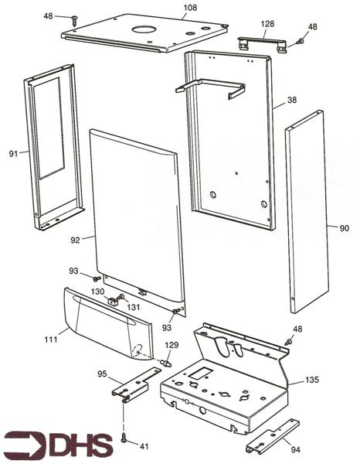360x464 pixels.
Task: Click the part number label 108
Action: [x=190, y=8]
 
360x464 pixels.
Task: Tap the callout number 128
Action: [x=267, y=24]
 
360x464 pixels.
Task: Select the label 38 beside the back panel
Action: [x=292, y=100]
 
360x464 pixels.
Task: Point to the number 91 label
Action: [x=13, y=154]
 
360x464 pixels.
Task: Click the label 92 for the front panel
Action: [x=76, y=240]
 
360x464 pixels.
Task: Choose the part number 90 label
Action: [x=344, y=228]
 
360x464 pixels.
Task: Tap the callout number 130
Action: [x=97, y=292]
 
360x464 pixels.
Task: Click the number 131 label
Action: [x=134, y=307]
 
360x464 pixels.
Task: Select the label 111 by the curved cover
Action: [x=51, y=339]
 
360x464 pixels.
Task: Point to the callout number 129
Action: [x=172, y=345]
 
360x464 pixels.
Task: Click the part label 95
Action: [x=102, y=374]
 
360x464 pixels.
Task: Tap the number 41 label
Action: [x=144, y=446]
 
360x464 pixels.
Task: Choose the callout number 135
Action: [x=312, y=380]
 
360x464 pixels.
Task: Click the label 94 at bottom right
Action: [x=295, y=449]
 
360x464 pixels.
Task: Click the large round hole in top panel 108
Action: [x=144, y=29]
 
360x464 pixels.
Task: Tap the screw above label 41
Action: [x=124, y=437]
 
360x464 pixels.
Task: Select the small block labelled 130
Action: [x=112, y=302]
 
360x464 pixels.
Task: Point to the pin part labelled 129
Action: [x=166, y=363]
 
